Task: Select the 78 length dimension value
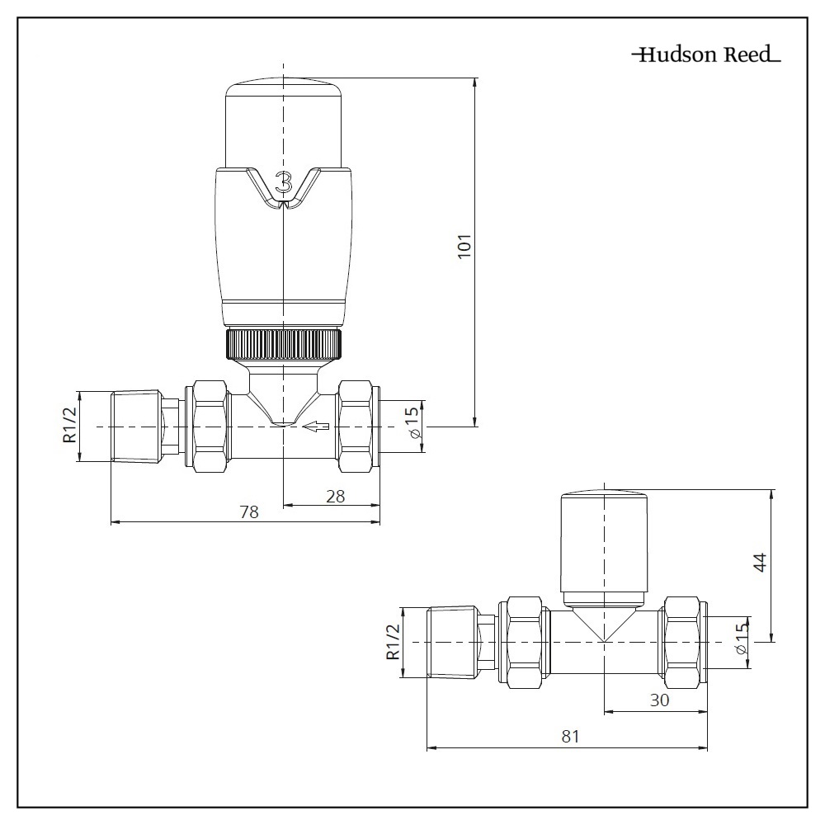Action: coord(248,511)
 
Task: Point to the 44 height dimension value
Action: coord(760,563)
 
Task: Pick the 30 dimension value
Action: coord(658,700)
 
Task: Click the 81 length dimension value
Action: coord(569,737)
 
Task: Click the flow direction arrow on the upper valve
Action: coord(316,427)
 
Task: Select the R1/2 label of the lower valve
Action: coord(393,643)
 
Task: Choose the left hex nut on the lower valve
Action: coord(525,643)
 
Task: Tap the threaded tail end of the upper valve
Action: coord(134,427)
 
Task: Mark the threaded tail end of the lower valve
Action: coord(452,643)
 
